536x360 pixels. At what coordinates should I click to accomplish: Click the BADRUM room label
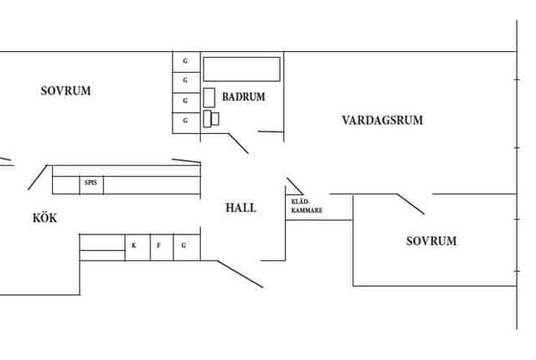point(244,96)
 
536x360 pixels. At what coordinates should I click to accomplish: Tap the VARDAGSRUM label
point(383,121)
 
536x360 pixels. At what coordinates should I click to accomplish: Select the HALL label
point(241,208)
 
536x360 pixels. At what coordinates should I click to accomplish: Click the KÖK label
point(44,218)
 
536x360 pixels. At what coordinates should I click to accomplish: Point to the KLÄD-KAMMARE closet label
point(307,206)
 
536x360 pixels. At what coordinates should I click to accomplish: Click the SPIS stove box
point(91,185)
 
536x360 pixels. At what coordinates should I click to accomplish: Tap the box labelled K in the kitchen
point(137,247)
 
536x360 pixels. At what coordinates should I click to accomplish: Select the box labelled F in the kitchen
point(162,247)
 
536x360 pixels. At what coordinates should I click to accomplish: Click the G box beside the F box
point(187,247)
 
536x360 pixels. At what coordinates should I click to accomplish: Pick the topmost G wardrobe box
point(186,62)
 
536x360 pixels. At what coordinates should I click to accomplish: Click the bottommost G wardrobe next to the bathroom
point(186,123)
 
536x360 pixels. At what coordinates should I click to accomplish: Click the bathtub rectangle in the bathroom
point(242,69)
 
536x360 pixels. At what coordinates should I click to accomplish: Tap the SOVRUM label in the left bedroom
point(65,91)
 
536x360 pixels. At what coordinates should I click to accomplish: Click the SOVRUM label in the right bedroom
point(431,241)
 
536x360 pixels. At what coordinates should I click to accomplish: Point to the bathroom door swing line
point(238,143)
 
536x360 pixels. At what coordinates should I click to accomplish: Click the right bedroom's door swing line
point(410,204)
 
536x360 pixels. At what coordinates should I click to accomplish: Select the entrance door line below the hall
point(240,275)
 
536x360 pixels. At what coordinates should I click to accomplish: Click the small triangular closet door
point(295,186)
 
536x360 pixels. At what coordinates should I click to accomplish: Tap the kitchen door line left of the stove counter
point(38,177)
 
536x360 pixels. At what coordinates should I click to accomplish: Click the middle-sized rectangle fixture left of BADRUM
point(209,98)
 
